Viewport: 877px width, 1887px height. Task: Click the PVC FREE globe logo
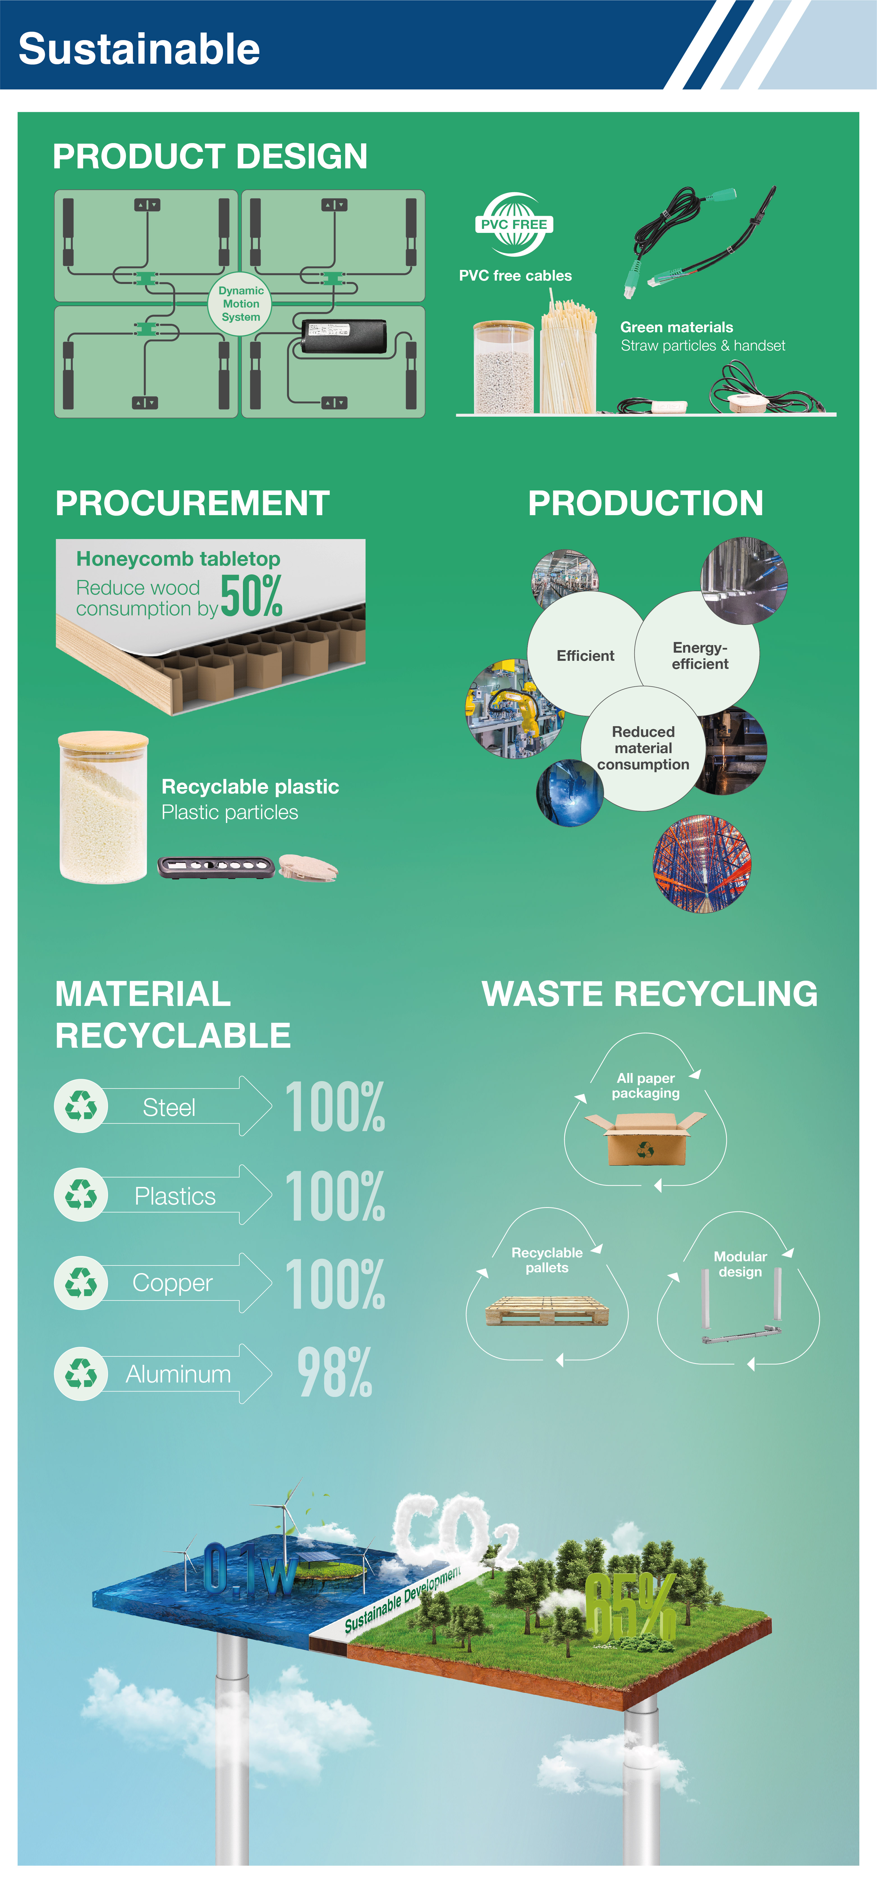pyautogui.click(x=514, y=224)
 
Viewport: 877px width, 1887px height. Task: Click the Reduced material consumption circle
pyautogui.click(x=643, y=748)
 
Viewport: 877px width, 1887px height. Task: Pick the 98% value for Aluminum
pyautogui.click(x=335, y=1373)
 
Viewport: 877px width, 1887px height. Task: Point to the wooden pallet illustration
pyautogui.click(x=547, y=1310)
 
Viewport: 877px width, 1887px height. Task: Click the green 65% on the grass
pyautogui.click(x=630, y=1608)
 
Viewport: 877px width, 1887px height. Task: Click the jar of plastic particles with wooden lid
pyautogui.click(x=103, y=807)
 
